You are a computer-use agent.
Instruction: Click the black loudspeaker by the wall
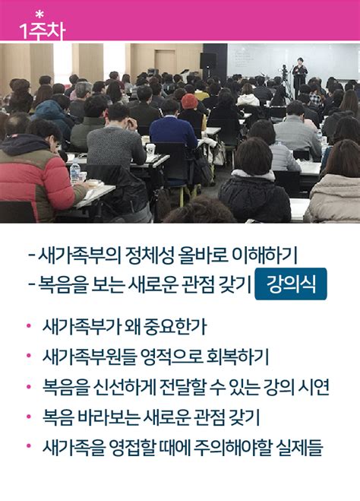tap(208, 60)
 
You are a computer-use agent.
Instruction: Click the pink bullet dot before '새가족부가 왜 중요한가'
tap(29, 328)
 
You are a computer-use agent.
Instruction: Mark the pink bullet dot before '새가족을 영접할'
tap(29, 448)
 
